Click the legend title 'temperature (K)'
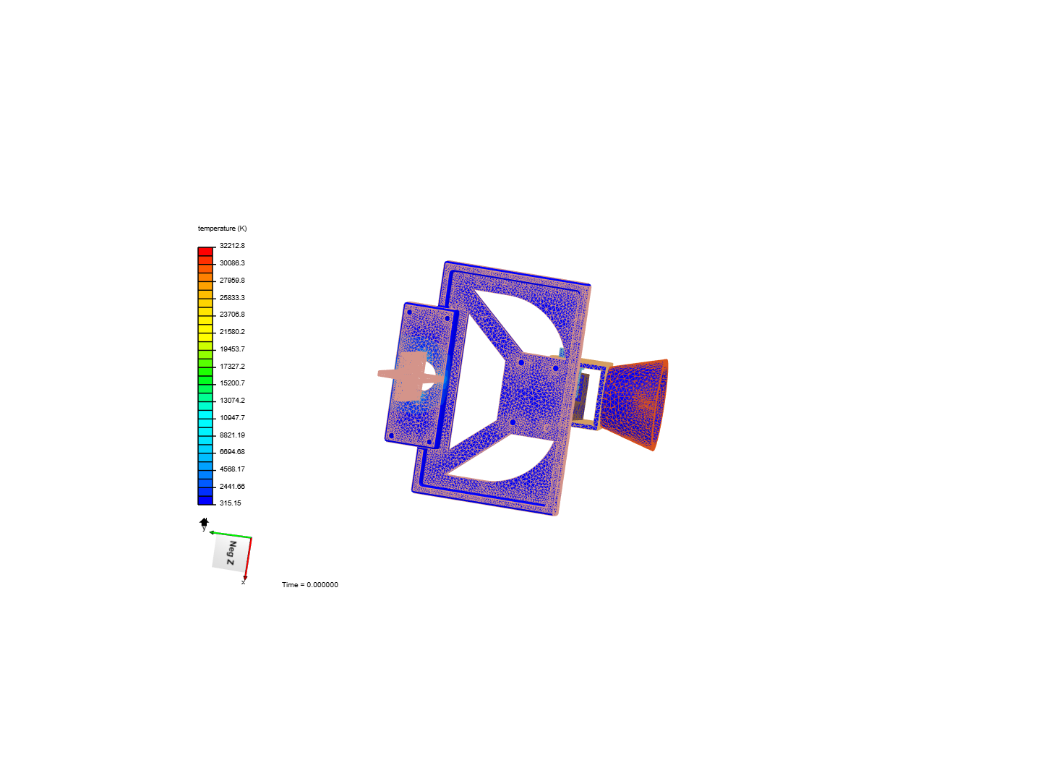[x=222, y=228]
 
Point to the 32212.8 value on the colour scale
[x=232, y=246]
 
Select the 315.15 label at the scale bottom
[x=230, y=503]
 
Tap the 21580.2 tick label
[x=232, y=331]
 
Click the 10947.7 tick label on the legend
[x=232, y=418]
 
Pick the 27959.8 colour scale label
[x=232, y=281]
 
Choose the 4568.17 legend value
[x=232, y=469]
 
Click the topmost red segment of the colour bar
[x=205, y=252]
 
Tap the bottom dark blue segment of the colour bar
[x=205, y=500]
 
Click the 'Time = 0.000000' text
[x=309, y=585]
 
